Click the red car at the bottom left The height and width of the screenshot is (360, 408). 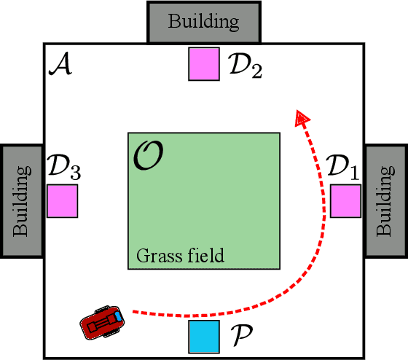tap(101, 323)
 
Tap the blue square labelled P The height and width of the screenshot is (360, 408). tap(203, 336)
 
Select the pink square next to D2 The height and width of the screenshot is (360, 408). tap(204, 63)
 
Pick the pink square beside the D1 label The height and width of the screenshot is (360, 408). tap(345, 201)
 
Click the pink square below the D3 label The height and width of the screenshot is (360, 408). tap(63, 201)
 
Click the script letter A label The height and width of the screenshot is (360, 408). tap(59, 66)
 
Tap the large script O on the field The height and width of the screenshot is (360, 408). tap(148, 154)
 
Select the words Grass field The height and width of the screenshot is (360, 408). tap(180, 257)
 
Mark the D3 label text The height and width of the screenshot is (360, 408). tap(64, 168)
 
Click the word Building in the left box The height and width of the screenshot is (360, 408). tap(20, 200)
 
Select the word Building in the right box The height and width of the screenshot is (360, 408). tap(385, 200)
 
